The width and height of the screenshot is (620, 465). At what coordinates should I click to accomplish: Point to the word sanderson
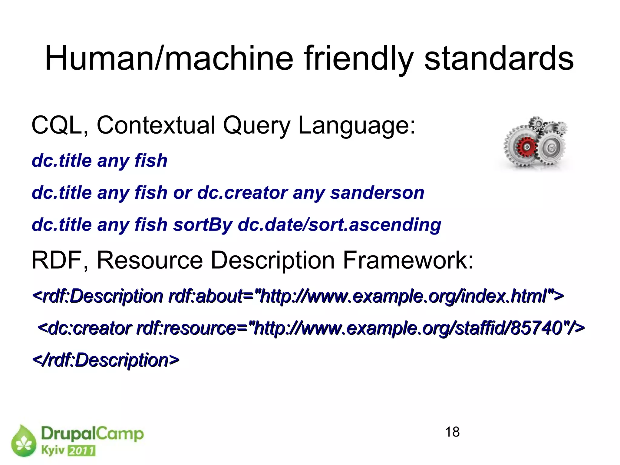point(377,193)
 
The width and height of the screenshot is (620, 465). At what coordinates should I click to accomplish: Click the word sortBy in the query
point(203,225)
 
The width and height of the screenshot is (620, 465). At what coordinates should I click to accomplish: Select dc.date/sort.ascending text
point(339,225)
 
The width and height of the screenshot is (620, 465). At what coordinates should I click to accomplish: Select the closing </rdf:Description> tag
point(106,360)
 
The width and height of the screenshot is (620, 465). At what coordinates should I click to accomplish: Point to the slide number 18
point(452,432)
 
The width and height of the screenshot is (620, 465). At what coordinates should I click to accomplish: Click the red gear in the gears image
point(527,147)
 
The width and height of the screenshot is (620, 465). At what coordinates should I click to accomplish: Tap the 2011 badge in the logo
point(81,451)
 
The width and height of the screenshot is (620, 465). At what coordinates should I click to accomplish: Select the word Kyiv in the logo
point(53,450)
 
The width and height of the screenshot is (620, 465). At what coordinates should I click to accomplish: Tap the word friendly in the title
point(358,58)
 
